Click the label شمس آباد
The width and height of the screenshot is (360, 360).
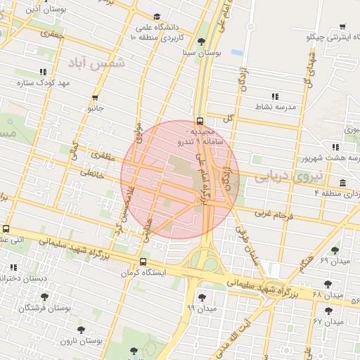coord(97,63)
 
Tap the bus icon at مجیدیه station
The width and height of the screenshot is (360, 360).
coord(201,120)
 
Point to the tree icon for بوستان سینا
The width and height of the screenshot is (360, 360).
coord(202,41)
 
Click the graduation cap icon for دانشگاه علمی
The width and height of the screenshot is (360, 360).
coord(157,17)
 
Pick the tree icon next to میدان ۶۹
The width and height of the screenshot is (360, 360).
coord(335,250)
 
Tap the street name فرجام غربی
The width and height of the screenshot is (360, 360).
coord(271,212)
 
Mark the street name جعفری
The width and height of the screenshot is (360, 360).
coord(52,33)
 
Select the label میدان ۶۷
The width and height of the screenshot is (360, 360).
coord(329,321)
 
